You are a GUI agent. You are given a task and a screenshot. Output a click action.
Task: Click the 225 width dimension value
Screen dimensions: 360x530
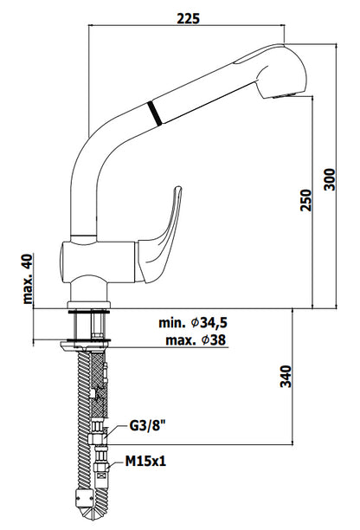[x=188, y=18]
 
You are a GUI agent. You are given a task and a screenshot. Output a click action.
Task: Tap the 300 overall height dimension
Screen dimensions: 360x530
[x=330, y=179]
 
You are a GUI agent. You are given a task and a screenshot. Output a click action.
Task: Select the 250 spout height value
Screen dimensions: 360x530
[x=306, y=200]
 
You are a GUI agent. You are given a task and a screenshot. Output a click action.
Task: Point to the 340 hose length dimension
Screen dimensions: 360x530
[x=286, y=376]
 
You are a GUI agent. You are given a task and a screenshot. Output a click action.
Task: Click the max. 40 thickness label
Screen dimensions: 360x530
[x=28, y=279]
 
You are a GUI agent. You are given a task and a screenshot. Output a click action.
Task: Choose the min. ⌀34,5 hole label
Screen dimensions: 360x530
[x=193, y=323]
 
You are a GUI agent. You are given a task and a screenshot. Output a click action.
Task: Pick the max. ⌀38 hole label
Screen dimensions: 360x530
[x=196, y=339]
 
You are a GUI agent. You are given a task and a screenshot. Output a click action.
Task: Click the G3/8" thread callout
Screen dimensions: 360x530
[x=147, y=426]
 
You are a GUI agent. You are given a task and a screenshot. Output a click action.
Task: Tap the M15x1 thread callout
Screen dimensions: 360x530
[x=145, y=461]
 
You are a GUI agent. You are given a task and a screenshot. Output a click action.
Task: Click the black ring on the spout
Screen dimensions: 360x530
[x=155, y=113]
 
